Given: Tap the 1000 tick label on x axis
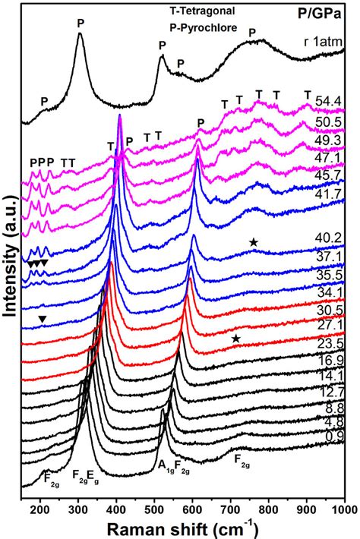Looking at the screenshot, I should tap(343, 506).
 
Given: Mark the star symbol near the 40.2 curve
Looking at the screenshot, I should tap(254, 242).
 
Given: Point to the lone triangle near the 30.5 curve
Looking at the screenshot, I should tap(42, 320).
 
